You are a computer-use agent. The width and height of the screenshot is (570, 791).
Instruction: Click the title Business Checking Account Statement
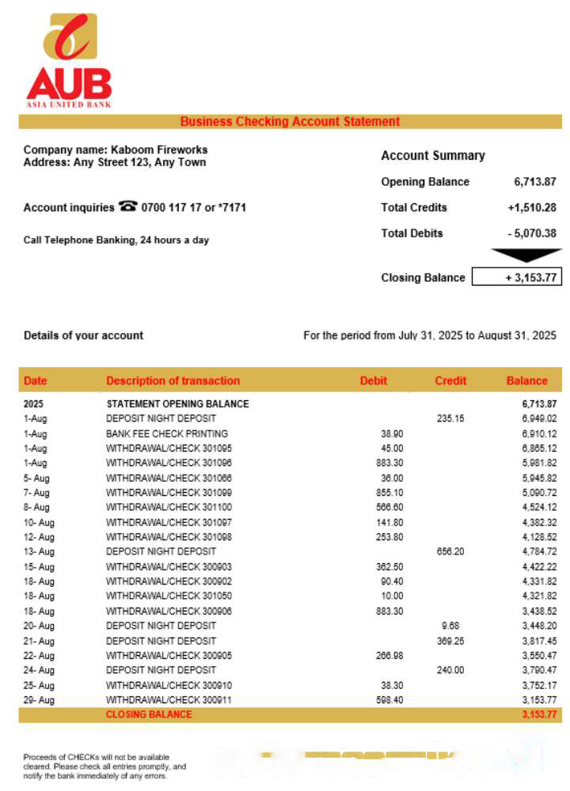pyautogui.click(x=290, y=122)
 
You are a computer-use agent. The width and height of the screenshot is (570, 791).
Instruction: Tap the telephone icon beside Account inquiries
pyautogui.click(x=127, y=206)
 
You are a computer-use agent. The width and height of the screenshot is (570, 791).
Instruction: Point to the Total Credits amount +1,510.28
pyautogui.click(x=532, y=207)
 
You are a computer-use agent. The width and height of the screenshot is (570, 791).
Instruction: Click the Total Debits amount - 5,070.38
pyautogui.click(x=532, y=233)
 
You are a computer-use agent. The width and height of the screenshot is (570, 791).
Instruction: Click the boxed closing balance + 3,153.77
pyautogui.click(x=517, y=278)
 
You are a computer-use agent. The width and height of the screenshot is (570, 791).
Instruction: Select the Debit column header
pyautogui.click(x=374, y=380)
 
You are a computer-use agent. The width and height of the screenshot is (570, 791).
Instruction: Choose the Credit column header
pyautogui.click(x=450, y=380)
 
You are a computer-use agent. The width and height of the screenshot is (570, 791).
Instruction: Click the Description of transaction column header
pyautogui.click(x=173, y=380)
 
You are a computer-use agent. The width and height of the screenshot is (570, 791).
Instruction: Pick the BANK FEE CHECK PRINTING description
pyautogui.click(x=167, y=433)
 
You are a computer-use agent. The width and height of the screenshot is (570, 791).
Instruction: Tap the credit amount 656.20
pyautogui.click(x=450, y=551)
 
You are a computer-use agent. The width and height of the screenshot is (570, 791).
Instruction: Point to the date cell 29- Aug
pyautogui.click(x=40, y=700)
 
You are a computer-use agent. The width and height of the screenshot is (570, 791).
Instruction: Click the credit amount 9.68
pyautogui.click(x=450, y=626)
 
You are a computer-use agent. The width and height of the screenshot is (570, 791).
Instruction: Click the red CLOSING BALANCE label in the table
pyautogui.click(x=149, y=714)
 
